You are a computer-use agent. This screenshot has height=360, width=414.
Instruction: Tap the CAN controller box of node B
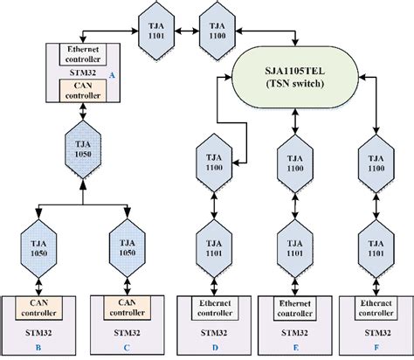point(39,307)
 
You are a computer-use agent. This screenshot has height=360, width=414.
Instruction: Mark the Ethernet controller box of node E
point(297,308)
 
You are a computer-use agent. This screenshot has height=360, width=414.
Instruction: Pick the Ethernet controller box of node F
point(377,308)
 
